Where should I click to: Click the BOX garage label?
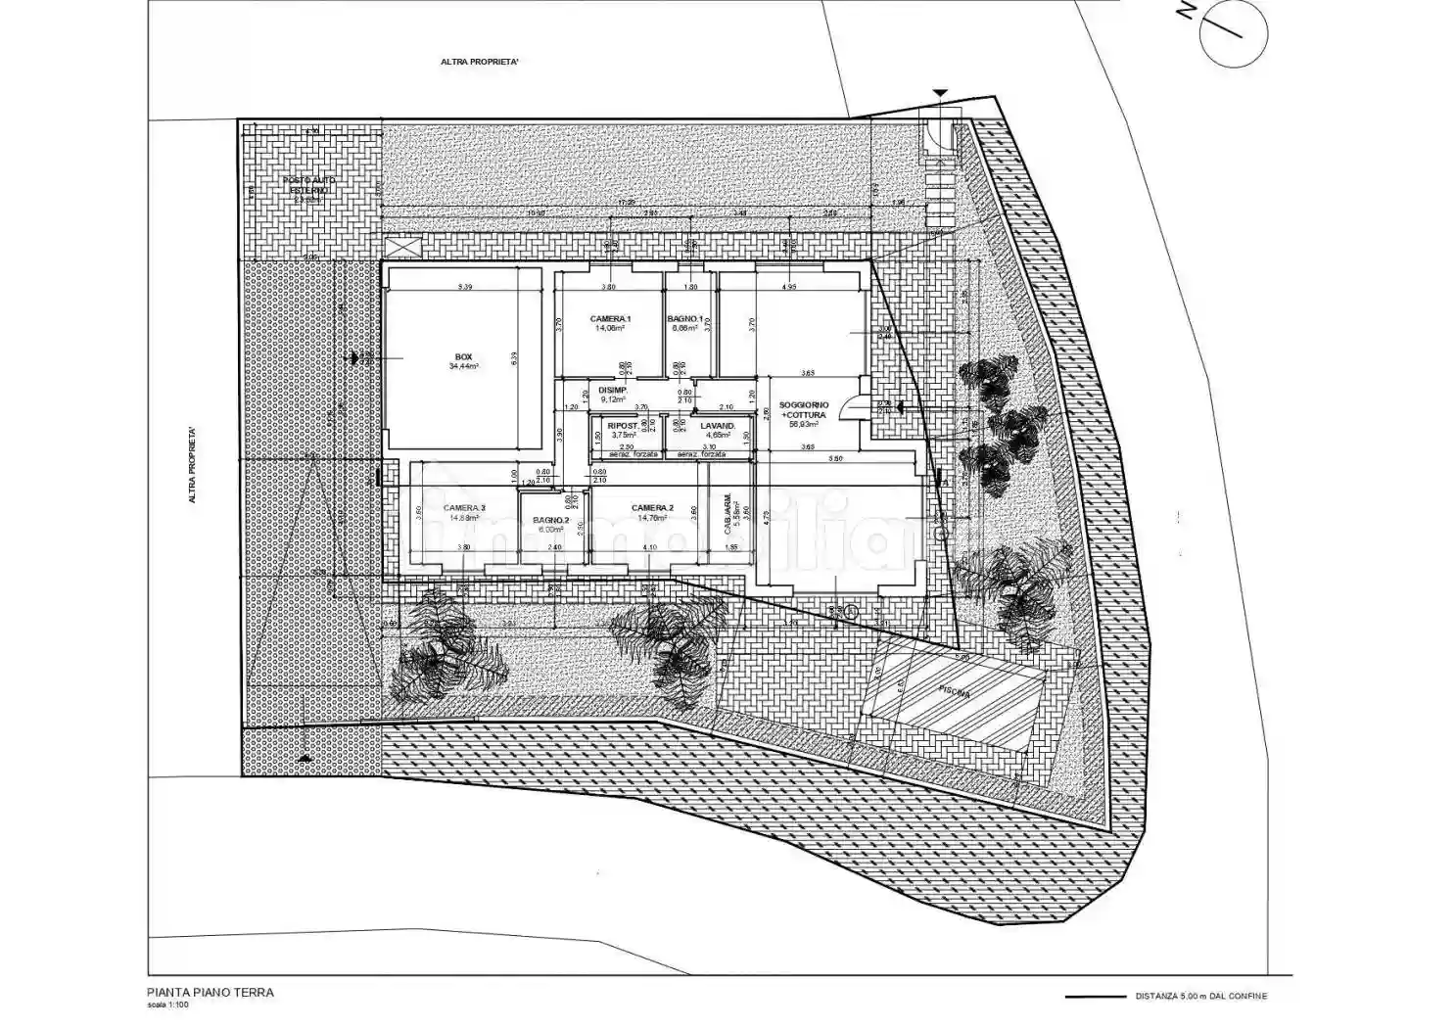pyautogui.click(x=463, y=355)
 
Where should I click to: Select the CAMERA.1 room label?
pyautogui.click(x=610, y=319)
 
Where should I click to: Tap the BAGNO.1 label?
pyautogui.click(x=685, y=319)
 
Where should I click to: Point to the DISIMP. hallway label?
pyautogui.click(x=613, y=390)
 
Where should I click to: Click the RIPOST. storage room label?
pyautogui.click(x=623, y=426)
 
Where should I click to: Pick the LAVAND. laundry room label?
pyautogui.click(x=718, y=426)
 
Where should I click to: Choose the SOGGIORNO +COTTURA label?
pyautogui.click(x=804, y=409)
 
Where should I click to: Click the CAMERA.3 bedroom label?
pyautogui.click(x=463, y=508)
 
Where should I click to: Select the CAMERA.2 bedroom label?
pyautogui.click(x=651, y=508)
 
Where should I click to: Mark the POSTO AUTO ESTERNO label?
pyautogui.click(x=306, y=186)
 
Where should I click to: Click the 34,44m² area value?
pyautogui.click(x=463, y=366)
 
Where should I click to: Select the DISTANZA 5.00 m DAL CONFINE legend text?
pyautogui.click(x=1200, y=997)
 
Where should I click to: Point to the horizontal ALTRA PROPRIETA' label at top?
pyautogui.click(x=480, y=61)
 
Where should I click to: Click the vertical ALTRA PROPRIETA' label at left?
pyautogui.click(x=193, y=464)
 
